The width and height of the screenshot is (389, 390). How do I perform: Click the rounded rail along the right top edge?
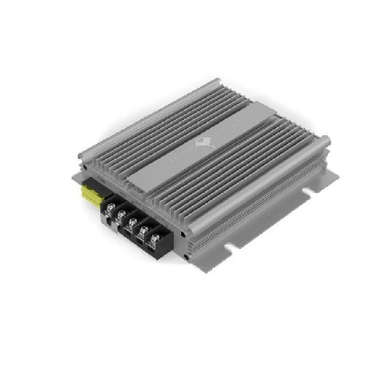(263, 182)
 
